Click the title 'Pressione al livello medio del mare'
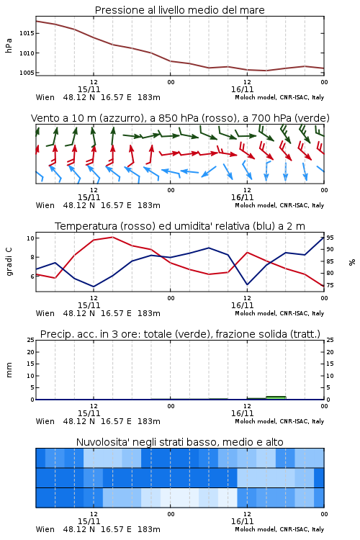[x=179, y=10]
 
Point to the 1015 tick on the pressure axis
[x=27, y=33]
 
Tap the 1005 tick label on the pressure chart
[x=27, y=73]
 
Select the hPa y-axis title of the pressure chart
[x=9, y=45]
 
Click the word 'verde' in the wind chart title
[x=312, y=118]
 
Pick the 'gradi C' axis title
[x=9, y=262]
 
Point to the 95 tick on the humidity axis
[x=330, y=238]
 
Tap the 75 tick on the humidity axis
[x=330, y=285]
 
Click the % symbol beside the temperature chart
[x=352, y=262]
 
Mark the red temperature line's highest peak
[x=112, y=237]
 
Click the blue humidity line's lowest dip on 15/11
[x=94, y=287]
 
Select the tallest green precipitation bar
[x=276, y=397]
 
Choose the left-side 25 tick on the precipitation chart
[x=31, y=340]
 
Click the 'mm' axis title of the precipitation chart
[x=9, y=370]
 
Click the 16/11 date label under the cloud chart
[x=242, y=521]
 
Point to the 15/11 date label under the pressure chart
[x=89, y=89]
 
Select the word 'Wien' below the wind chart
[x=45, y=205]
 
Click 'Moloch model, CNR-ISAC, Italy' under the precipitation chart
[x=279, y=421]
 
